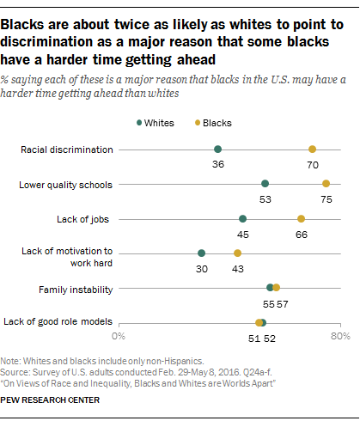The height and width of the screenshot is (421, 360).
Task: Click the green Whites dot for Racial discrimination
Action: [218, 149]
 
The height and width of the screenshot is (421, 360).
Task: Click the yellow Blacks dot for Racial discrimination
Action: [313, 149]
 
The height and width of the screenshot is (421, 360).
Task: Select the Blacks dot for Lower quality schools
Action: [326, 184]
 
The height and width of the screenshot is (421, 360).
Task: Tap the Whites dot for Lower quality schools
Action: [265, 184]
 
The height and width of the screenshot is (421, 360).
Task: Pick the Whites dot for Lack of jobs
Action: [243, 218]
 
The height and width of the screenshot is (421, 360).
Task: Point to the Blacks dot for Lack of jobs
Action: [302, 218]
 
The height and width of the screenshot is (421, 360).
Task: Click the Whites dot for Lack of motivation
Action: [202, 253]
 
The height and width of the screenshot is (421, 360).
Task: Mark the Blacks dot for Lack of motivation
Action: [238, 253]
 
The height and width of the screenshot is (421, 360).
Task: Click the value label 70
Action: [313, 164]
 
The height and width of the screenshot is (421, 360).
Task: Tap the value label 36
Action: [218, 164]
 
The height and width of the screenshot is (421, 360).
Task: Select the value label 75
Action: [326, 198]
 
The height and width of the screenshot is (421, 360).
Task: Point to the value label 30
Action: [202, 268]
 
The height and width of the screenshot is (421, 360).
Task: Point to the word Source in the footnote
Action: [15, 369]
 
